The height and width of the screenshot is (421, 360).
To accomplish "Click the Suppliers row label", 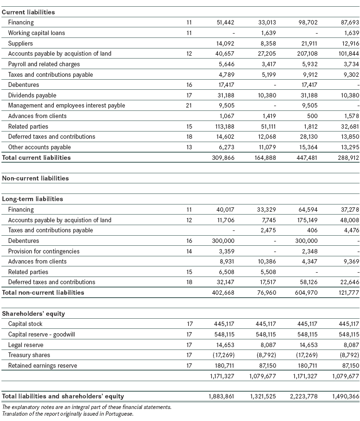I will [x=21, y=44].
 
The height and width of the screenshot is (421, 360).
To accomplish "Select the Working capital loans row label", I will [x=36, y=33].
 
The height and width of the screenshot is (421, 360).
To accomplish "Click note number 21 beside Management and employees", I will [x=189, y=106].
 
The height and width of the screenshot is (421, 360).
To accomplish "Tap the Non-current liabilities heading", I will [x=36, y=178].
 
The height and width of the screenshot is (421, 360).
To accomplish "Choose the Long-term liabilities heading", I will [x=33, y=199].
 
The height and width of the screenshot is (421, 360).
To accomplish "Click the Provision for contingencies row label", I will [x=44, y=252].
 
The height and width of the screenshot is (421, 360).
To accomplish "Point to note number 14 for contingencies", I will [x=189, y=252].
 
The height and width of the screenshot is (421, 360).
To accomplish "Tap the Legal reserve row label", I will [x=25, y=345].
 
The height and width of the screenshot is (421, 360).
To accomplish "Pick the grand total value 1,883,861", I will [x=222, y=397].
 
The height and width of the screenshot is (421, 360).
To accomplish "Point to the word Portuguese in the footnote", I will [x=120, y=413].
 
